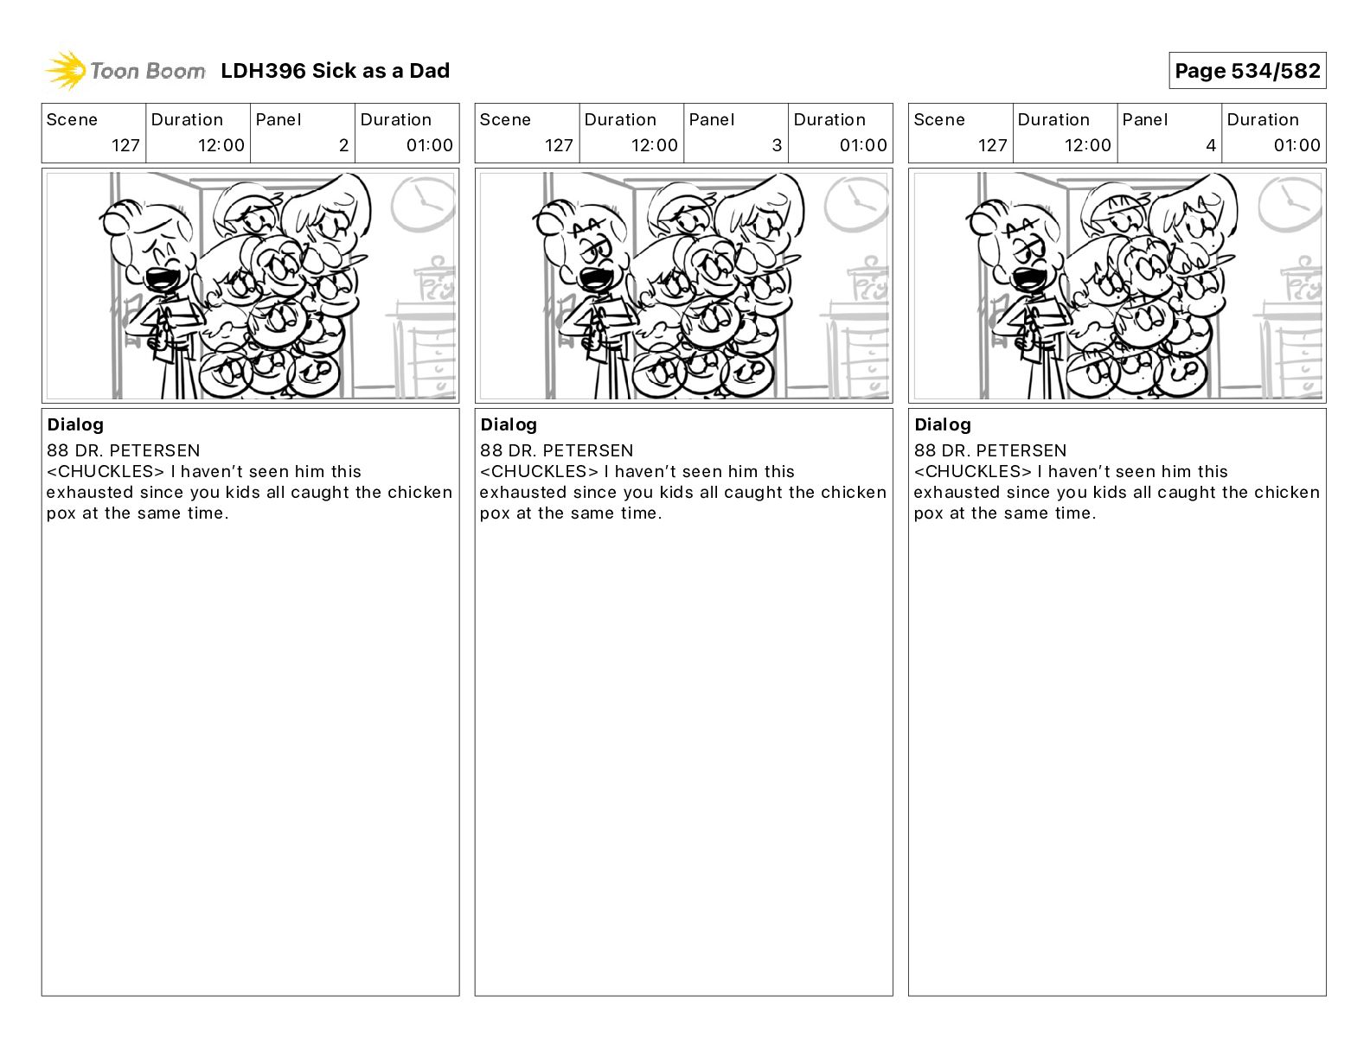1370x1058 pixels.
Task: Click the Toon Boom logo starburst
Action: pyautogui.click(x=66, y=71)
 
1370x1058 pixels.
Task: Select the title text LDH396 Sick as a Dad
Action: pyautogui.click(x=336, y=71)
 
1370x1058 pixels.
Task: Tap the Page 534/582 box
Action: pyautogui.click(x=1247, y=71)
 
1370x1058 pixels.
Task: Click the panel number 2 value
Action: pyautogui.click(x=343, y=145)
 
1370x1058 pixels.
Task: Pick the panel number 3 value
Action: pyautogui.click(x=777, y=145)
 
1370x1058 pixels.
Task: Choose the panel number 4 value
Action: pyautogui.click(x=1211, y=145)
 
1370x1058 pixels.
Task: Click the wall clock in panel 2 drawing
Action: pyautogui.click(x=422, y=203)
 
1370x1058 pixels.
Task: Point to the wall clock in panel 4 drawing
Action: pyautogui.click(x=1290, y=203)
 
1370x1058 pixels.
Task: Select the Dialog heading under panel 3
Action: pyautogui.click(x=509, y=424)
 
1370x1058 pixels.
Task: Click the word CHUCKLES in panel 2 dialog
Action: pyautogui.click(x=106, y=471)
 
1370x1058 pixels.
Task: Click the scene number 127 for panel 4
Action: pyautogui.click(x=992, y=145)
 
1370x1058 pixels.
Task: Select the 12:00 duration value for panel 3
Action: pyautogui.click(x=655, y=145)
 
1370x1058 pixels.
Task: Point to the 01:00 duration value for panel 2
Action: pyautogui.click(x=429, y=145)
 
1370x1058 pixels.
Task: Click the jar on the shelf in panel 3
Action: pyautogui.click(x=868, y=279)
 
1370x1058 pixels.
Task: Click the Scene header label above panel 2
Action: pyautogui.click(x=72, y=120)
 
